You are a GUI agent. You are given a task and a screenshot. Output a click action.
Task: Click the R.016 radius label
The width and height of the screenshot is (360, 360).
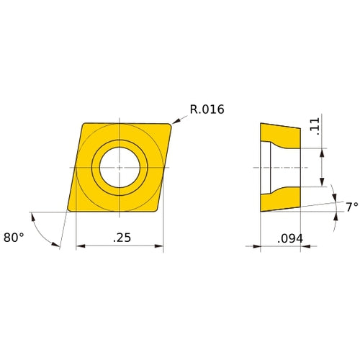[207, 110]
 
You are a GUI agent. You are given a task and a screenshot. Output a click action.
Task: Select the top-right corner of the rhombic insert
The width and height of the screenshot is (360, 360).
[172, 125]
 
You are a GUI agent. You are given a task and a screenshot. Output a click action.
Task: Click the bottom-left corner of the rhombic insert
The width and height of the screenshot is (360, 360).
[68, 210]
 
